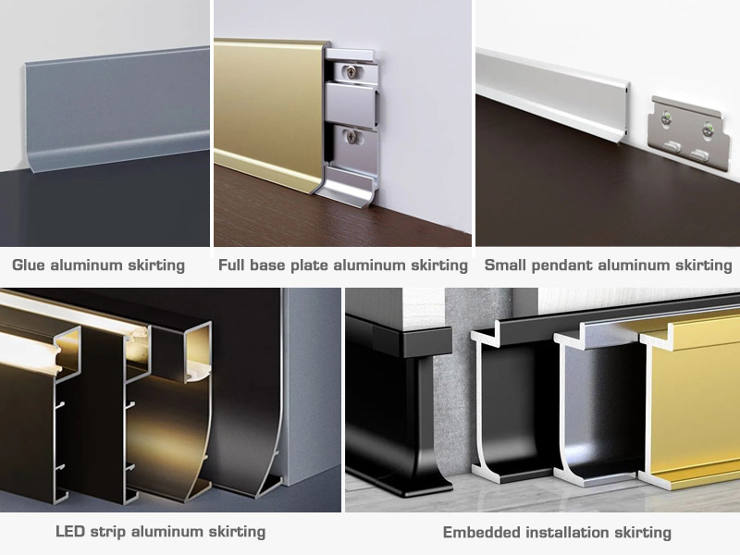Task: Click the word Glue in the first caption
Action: tap(30, 265)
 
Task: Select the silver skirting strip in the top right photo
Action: tap(555, 92)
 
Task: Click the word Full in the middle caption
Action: tap(233, 265)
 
